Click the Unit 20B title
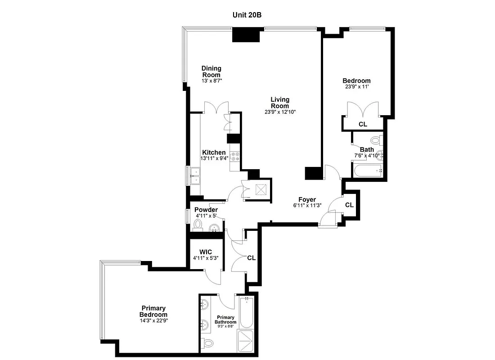coord(247,14)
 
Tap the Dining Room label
coord(211,72)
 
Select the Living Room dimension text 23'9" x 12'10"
coord(280,112)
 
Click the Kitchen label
coord(214,153)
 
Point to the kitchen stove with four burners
coord(234,157)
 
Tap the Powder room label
coord(206,210)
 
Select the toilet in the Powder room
coord(198,224)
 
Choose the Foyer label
coord(307,200)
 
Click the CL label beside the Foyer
coord(349,205)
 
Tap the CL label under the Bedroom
coord(363,124)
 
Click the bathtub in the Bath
coord(367,171)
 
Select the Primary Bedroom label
coord(153,311)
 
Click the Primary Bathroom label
coord(225,319)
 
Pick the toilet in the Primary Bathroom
coord(207,343)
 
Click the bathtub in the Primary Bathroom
coord(246,312)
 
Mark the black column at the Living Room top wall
coord(247,35)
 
